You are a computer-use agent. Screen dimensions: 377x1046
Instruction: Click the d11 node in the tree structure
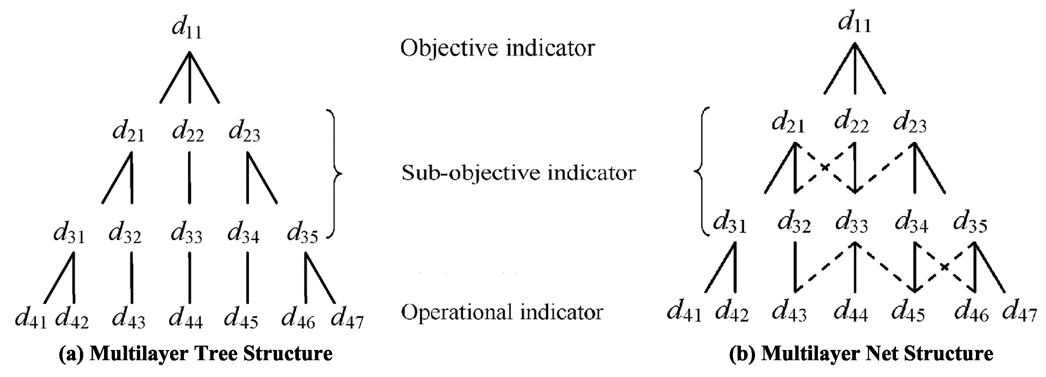coord(187,28)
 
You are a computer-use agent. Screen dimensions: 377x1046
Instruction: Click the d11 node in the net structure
coord(854,22)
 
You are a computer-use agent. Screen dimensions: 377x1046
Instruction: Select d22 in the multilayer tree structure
coord(188,132)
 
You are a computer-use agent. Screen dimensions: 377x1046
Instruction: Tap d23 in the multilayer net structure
coord(910,123)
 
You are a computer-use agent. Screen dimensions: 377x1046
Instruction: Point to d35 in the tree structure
coord(302,234)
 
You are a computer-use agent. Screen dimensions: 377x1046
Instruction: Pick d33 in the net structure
coord(851,223)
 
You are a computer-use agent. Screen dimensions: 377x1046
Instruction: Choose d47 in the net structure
coord(1019,312)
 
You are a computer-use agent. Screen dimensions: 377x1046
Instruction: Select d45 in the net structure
coord(908,312)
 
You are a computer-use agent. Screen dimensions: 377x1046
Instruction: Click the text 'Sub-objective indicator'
coord(518,173)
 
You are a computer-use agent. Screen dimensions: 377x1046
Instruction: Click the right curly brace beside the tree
coord(335,174)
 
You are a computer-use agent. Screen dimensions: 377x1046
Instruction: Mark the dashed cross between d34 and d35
coord(945,267)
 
